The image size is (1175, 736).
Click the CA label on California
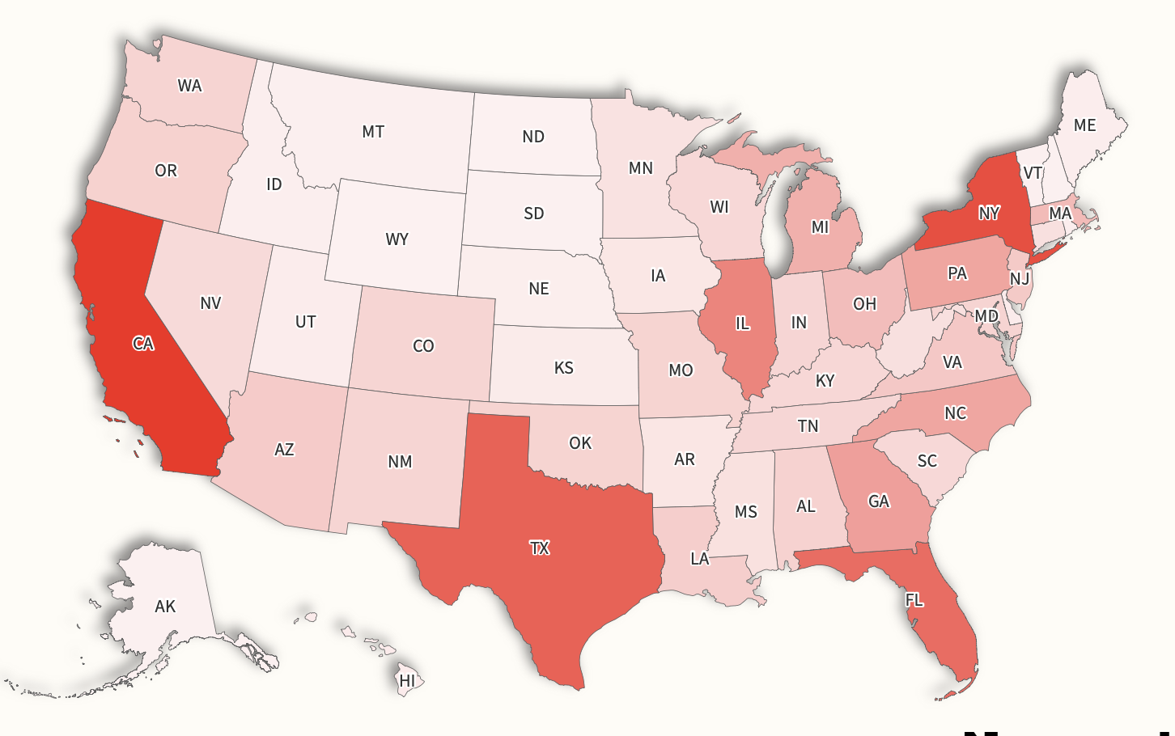(x=143, y=344)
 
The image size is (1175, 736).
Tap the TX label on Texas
(x=540, y=548)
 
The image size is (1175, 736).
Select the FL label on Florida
(x=914, y=600)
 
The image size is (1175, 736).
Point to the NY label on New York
(x=989, y=214)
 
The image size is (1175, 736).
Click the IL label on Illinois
(x=742, y=324)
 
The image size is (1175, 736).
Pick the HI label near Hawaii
(x=407, y=681)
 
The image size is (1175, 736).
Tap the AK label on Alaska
(x=165, y=607)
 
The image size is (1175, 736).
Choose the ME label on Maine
(x=1084, y=125)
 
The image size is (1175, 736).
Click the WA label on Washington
(x=189, y=86)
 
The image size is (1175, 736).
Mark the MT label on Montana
(x=373, y=132)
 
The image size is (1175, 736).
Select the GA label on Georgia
(x=879, y=501)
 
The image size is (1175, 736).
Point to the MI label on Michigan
(x=821, y=227)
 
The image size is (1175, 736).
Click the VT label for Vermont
(x=1033, y=173)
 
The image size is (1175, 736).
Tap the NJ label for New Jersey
(x=1020, y=279)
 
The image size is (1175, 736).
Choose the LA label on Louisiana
(x=700, y=559)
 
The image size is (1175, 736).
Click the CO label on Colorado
(x=423, y=346)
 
